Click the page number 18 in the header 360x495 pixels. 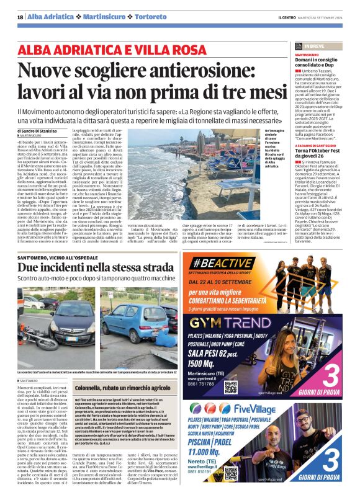(x=19, y=16)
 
